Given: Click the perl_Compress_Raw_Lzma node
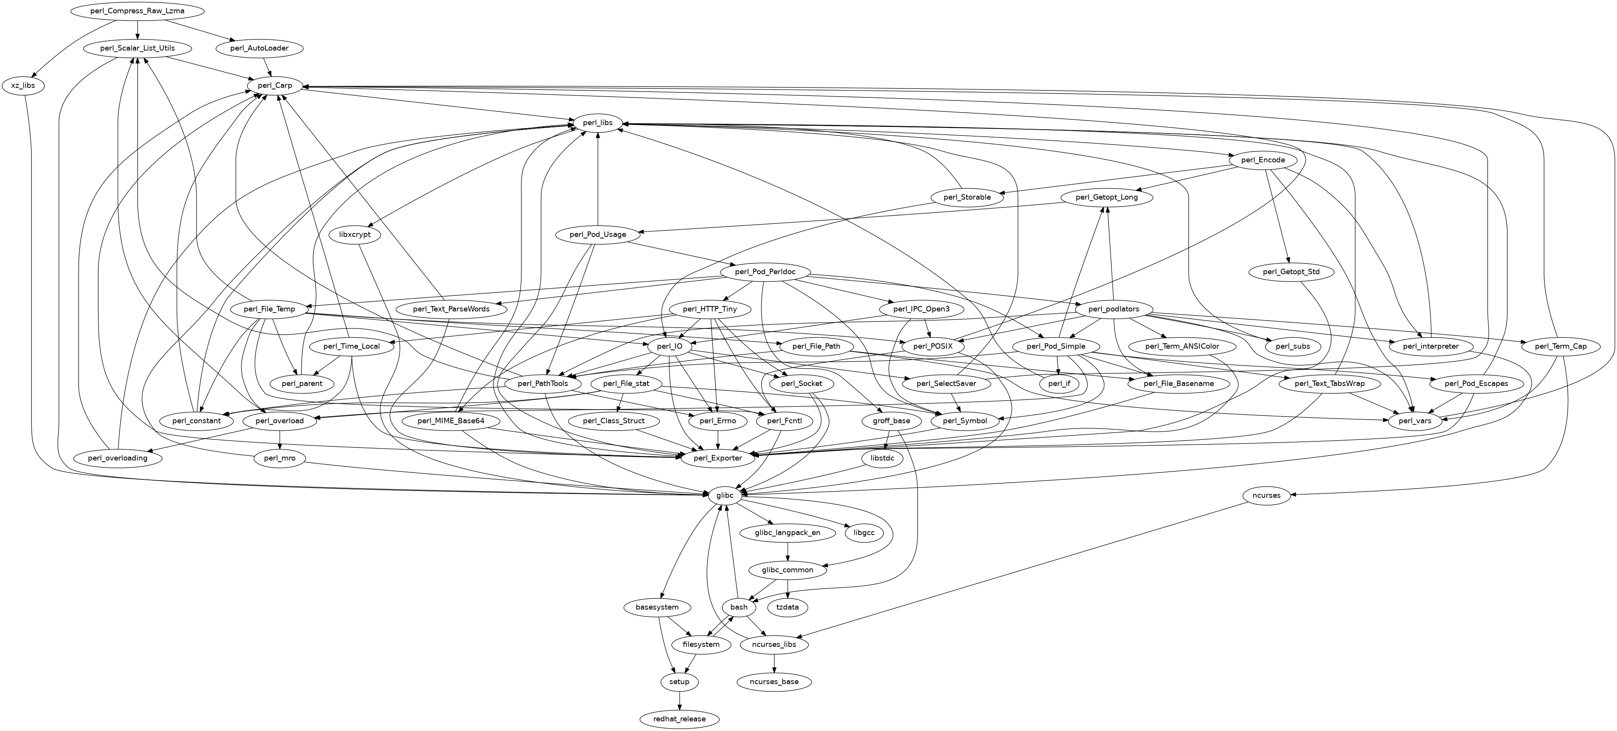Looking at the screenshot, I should tap(137, 11).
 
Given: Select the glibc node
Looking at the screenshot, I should tap(724, 495).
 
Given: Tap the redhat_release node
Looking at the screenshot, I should tap(679, 719).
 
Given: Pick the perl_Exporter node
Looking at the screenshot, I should tap(717, 458).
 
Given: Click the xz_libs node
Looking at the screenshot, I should tap(23, 85).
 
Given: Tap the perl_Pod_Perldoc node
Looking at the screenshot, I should tap(765, 272).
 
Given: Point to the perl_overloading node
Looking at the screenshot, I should tap(118, 458).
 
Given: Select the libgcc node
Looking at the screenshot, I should tap(864, 533).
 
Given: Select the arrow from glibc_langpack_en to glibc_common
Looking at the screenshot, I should tap(787, 551).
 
